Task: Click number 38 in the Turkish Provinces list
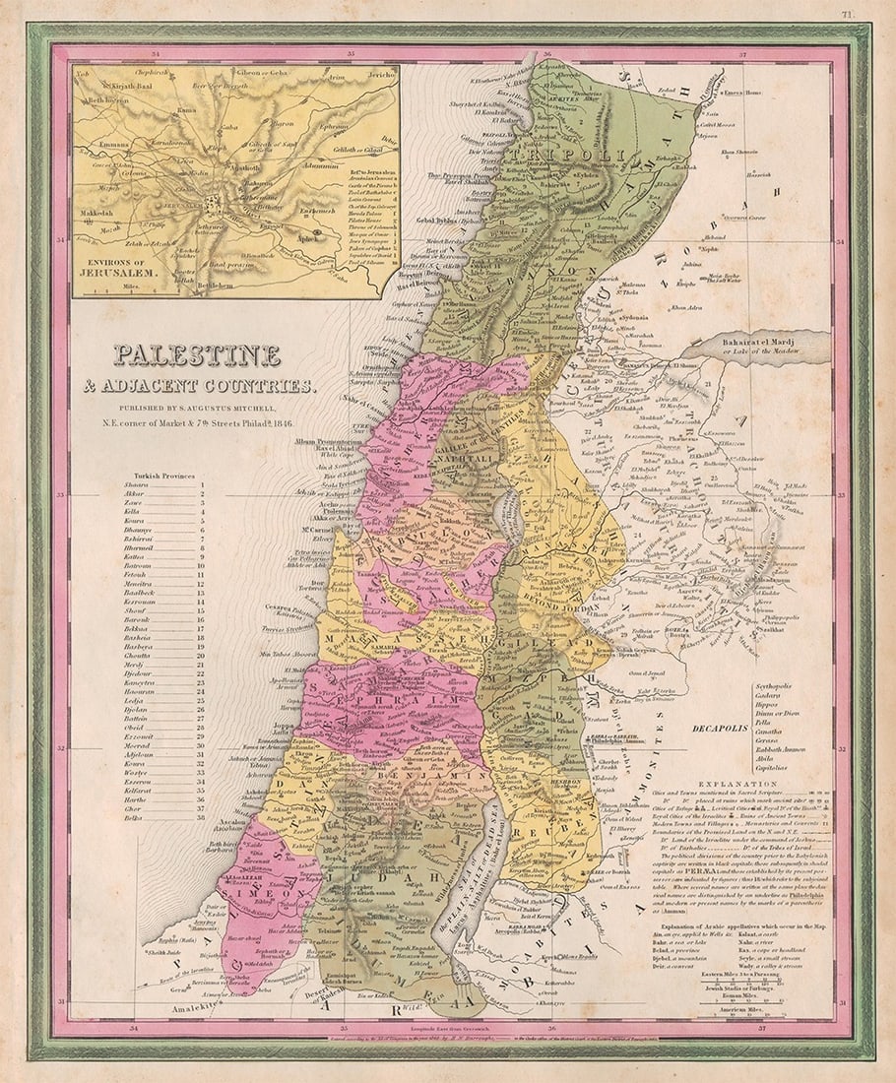(202, 816)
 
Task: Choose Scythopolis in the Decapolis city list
(774, 683)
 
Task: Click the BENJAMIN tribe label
(433, 776)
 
